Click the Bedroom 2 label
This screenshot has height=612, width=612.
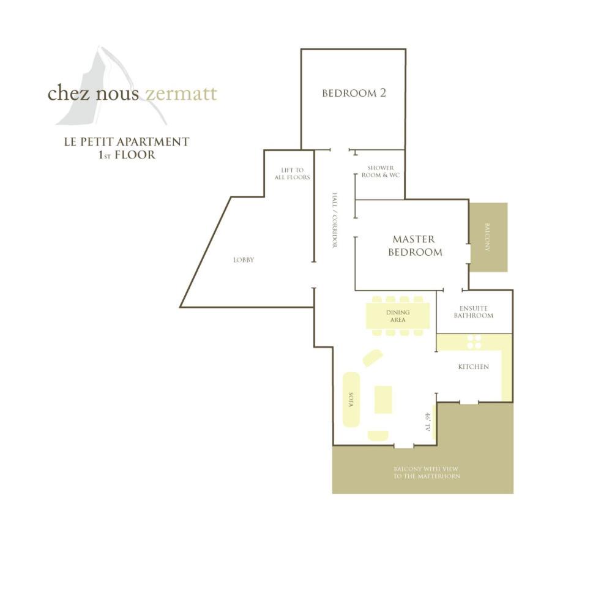[354, 93]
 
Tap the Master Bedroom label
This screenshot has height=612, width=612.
[415, 245]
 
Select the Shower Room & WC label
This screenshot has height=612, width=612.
[381, 171]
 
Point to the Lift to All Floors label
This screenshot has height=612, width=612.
[292, 174]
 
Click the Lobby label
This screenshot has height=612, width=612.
[244, 260]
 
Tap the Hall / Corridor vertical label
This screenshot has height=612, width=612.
[335, 220]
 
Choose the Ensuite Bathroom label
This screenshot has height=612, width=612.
[474, 312]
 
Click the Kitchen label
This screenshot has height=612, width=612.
[473, 367]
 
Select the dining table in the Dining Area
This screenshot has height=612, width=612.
[398, 316]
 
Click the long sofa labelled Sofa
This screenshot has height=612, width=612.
[351, 399]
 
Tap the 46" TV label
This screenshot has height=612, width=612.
[427, 422]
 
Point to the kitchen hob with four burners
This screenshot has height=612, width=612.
[474, 341]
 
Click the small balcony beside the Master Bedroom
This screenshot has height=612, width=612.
[488, 237]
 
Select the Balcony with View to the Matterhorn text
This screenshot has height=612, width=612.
[426, 472]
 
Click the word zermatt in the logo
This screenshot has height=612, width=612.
[181, 94]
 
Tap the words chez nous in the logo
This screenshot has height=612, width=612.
[93, 93]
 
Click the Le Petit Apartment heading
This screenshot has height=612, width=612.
[127, 142]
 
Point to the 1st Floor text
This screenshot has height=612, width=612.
[127, 155]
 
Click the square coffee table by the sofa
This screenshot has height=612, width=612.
[383, 399]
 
